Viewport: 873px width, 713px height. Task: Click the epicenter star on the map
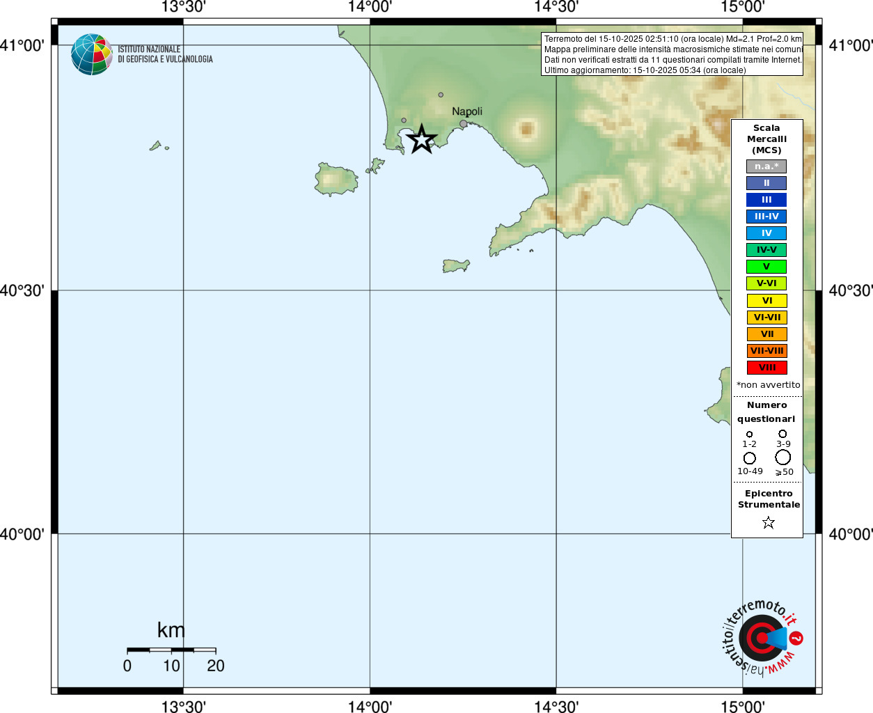pos(421,139)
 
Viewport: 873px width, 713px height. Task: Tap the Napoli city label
pos(466,111)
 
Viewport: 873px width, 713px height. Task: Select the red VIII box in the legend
pos(766,368)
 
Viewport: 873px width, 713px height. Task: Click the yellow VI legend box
pos(766,301)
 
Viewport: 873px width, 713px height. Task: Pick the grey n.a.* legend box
pos(766,166)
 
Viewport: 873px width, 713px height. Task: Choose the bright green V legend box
pos(766,267)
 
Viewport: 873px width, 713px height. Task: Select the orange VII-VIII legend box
pos(766,351)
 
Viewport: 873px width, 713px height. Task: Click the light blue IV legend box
pos(766,233)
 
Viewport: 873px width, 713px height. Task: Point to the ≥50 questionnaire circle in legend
pos(783,457)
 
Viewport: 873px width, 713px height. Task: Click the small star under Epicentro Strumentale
pos(769,522)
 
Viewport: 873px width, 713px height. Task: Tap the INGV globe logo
pos(91,54)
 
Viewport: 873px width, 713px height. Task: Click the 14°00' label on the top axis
pos(370,8)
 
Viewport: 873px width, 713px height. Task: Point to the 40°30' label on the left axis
pos(22,290)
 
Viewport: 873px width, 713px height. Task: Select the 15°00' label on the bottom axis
pos(742,707)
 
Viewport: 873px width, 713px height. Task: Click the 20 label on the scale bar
pos(216,666)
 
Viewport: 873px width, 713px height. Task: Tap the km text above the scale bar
pos(171,630)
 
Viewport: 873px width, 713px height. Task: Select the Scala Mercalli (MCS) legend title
pos(766,139)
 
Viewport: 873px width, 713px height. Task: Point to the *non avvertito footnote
pos(769,385)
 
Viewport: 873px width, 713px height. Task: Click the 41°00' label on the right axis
pos(850,46)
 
